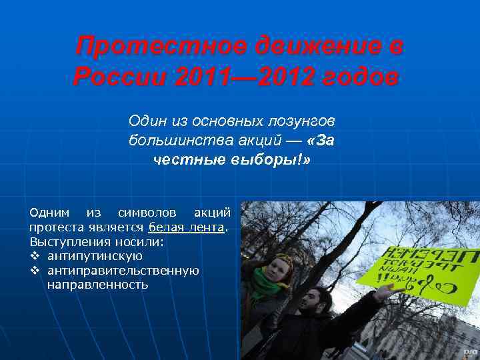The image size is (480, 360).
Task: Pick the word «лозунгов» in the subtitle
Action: pyautogui.click(x=304, y=121)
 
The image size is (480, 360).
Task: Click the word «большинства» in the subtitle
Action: pyautogui.click(x=169, y=140)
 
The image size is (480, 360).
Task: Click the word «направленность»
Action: pyautogui.click(x=98, y=285)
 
